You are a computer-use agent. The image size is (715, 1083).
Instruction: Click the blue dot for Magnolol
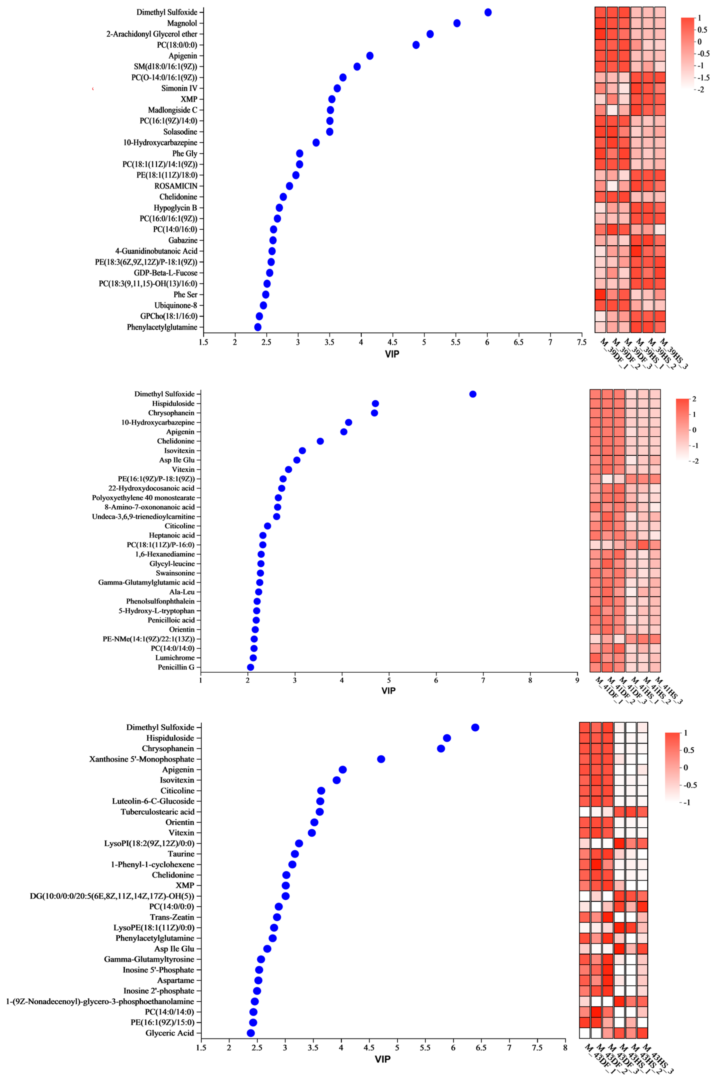457,23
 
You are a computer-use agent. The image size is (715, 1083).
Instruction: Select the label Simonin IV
179,88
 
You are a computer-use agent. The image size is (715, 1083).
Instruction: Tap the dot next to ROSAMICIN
289,186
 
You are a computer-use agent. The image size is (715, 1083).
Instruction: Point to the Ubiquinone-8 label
176,305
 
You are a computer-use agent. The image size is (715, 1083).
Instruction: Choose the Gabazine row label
183,240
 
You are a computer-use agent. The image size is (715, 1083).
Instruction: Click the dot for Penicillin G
250,667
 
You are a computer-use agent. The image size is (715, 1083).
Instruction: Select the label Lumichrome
175,658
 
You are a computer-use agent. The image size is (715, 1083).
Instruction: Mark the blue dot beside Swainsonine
260,573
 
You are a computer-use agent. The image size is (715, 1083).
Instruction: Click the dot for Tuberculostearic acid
320,812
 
